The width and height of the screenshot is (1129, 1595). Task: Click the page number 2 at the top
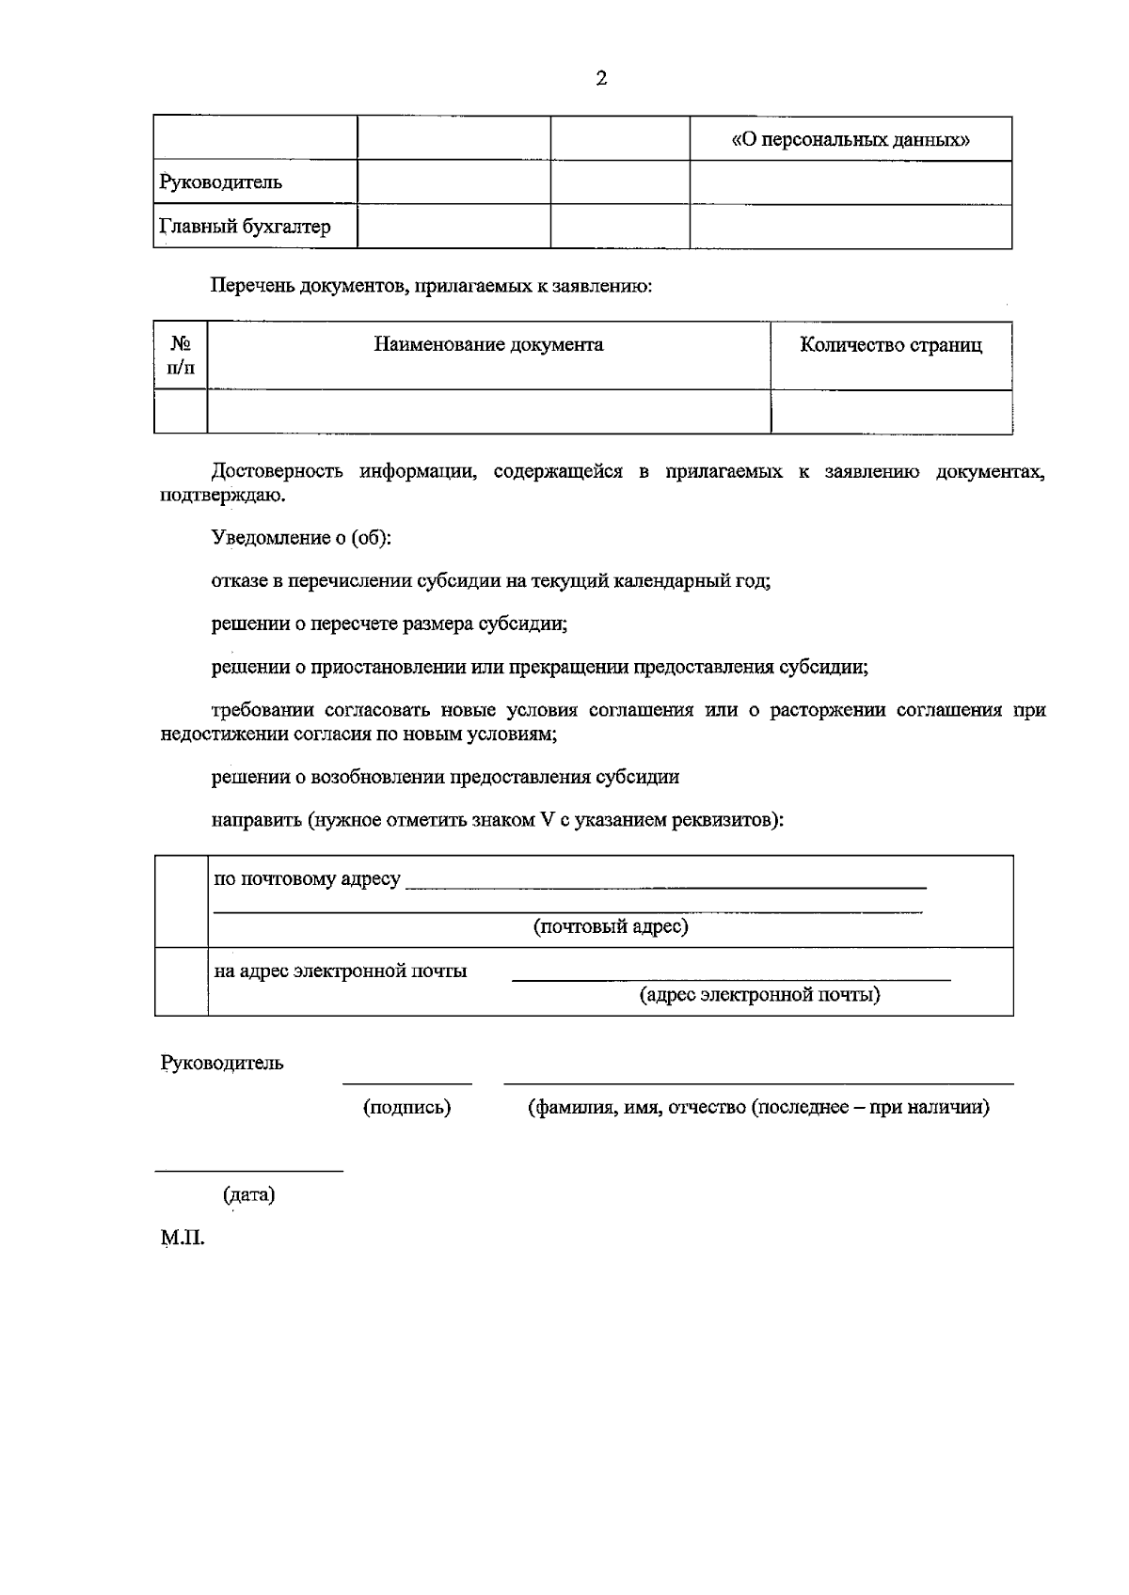(601, 79)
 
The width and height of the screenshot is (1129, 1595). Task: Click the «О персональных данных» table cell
(851, 140)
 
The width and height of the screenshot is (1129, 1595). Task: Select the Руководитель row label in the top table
(222, 182)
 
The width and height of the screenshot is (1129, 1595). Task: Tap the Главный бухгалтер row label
(246, 227)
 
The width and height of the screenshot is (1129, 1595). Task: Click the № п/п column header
(181, 355)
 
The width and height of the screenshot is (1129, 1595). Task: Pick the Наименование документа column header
(488, 345)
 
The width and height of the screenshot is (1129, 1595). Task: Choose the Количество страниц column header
(890, 345)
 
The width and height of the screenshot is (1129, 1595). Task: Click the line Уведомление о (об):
(301, 539)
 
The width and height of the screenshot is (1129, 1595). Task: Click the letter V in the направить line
(548, 820)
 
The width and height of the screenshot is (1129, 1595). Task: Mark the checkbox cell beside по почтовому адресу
(181, 901)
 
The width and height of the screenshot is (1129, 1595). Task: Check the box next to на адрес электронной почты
(181, 982)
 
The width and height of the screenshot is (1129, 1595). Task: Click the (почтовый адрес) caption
(611, 927)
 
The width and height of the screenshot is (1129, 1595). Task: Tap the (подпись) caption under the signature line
(406, 1108)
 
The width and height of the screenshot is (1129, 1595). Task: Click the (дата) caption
(248, 1196)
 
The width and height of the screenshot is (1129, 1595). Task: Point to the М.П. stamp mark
(183, 1239)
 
